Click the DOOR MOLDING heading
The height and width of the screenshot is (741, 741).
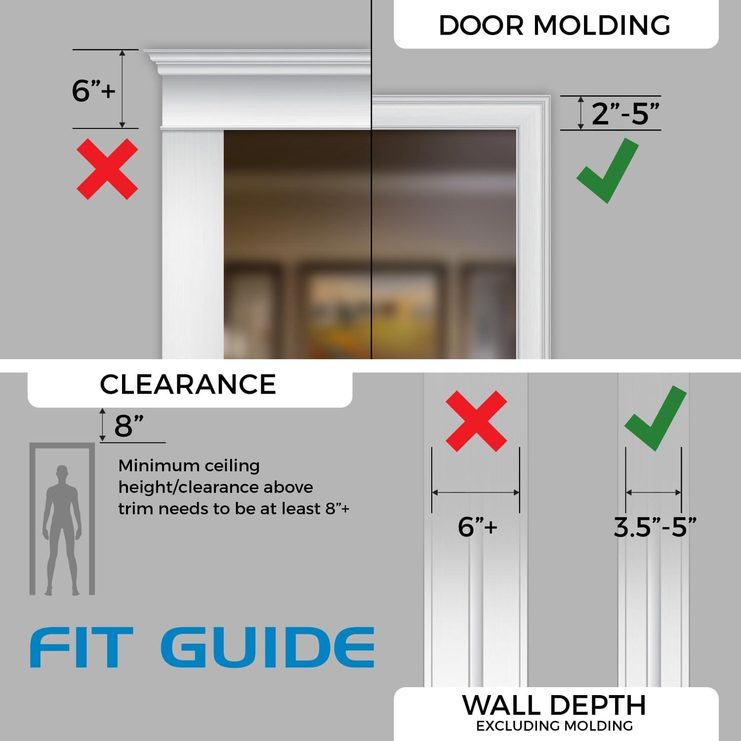click(x=554, y=25)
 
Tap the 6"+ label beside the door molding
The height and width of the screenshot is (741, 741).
click(x=93, y=90)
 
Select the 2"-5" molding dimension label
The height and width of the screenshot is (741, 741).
click(x=625, y=113)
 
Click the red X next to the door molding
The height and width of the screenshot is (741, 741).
click(x=107, y=169)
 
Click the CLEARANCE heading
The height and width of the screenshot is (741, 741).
click(x=188, y=385)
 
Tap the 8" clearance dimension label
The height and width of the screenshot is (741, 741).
click(x=129, y=426)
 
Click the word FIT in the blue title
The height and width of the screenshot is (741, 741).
click(x=82, y=648)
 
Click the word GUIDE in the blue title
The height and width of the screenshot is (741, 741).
click(x=267, y=648)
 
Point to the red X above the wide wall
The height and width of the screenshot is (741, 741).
click(x=476, y=421)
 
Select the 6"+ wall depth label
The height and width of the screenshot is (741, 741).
click(x=477, y=527)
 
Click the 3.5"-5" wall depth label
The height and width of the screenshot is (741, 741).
click(x=655, y=527)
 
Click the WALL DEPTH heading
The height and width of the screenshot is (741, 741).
click(x=554, y=705)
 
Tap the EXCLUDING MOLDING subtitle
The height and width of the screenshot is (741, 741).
click(x=554, y=726)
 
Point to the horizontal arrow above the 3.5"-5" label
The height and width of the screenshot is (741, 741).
click(x=654, y=493)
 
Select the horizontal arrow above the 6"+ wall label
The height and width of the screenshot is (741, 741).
click(x=476, y=493)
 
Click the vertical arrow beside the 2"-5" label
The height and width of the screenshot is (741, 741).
click(x=581, y=113)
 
